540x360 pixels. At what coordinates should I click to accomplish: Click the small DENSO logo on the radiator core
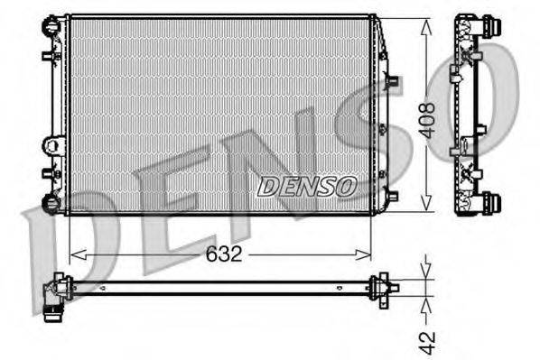coord(307,187)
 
